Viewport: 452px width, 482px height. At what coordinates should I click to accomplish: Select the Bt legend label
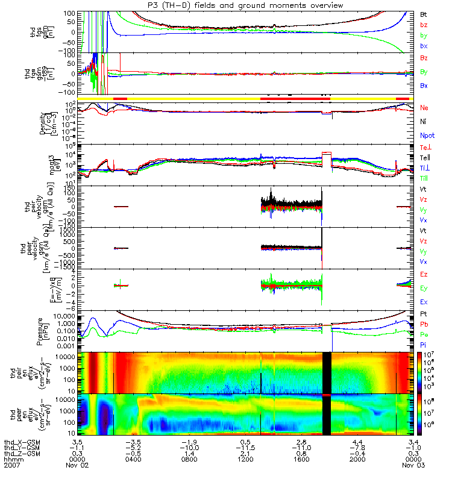coord(424,13)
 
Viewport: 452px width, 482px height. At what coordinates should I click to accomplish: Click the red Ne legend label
coord(424,108)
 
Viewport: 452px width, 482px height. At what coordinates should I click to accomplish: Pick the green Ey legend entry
coord(424,288)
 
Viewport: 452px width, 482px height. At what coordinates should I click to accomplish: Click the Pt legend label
coord(423,315)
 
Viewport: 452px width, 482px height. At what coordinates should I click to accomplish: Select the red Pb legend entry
coord(424,324)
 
